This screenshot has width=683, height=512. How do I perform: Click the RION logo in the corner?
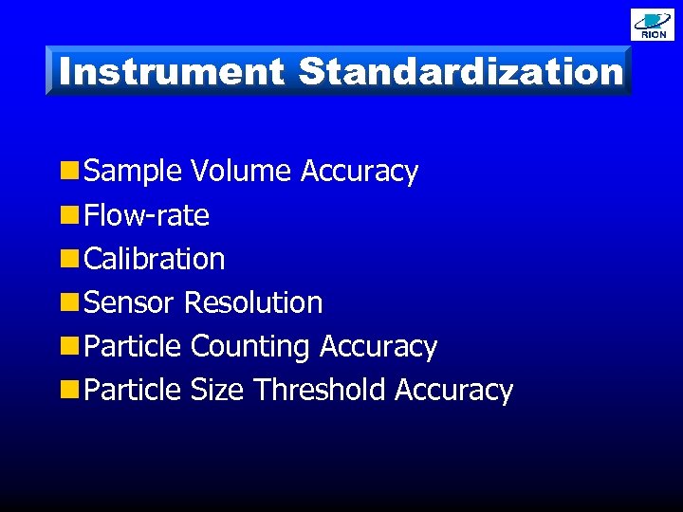click(653, 24)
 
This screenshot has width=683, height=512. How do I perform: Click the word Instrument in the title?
click(171, 71)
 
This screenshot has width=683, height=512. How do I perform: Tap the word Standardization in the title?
click(461, 71)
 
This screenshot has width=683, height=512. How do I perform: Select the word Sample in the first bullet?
click(133, 172)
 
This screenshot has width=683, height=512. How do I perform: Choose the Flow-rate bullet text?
click(146, 215)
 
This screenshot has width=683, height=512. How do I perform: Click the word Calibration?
click(155, 259)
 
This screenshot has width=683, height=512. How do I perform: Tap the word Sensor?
click(129, 302)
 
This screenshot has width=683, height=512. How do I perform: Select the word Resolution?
click(253, 302)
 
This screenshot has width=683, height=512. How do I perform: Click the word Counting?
click(250, 346)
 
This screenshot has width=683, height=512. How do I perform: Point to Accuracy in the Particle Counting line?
click(378, 347)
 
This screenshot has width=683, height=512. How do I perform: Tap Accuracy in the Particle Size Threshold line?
click(453, 391)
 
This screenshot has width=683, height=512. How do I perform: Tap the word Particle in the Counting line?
click(132, 346)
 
